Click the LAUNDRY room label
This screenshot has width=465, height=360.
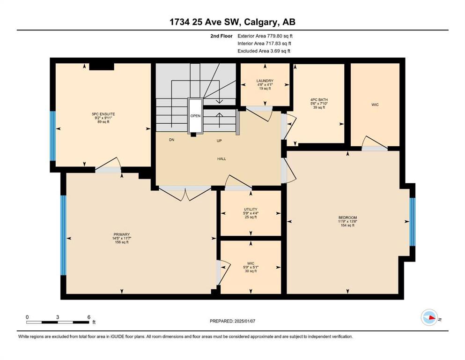click(x=265, y=81)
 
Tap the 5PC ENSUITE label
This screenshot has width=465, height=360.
click(x=103, y=114)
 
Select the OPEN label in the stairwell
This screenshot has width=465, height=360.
click(x=195, y=116)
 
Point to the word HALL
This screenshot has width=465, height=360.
click(x=221, y=159)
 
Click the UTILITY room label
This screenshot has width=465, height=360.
click(x=251, y=209)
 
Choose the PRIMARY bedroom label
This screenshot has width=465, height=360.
click(x=122, y=234)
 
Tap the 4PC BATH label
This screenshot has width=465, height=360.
click(x=319, y=100)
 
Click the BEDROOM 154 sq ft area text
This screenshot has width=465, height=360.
click(x=347, y=225)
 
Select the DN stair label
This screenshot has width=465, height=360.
click(x=172, y=140)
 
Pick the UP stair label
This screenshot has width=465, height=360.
click(x=219, y=141)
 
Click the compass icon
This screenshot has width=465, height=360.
click(x=429, y=317)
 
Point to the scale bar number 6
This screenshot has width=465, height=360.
click(x=89, y=317)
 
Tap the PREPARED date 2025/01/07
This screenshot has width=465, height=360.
click(x=244, y=321)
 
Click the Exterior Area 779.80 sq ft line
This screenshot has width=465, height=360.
click(x=265, y=36)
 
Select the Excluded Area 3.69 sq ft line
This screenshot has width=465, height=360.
click(x=264, y=51)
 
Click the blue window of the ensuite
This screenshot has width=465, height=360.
click(x=53, y=136)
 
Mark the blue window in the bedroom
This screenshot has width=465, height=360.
click(x=413, y=222)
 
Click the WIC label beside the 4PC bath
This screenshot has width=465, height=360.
click(x=375, y=105)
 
